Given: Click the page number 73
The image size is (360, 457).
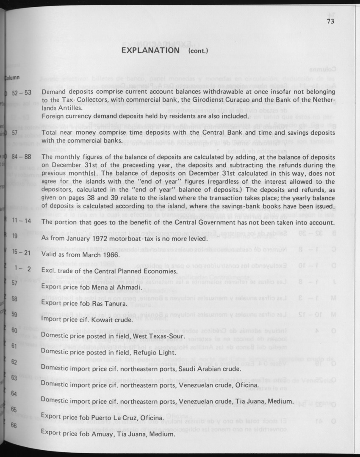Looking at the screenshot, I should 330,23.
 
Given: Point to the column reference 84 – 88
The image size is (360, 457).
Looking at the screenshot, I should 22,157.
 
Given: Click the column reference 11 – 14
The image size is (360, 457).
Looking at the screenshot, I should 22,221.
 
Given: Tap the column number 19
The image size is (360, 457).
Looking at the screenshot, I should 15,236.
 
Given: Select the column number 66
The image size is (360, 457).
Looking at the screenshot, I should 14,426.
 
